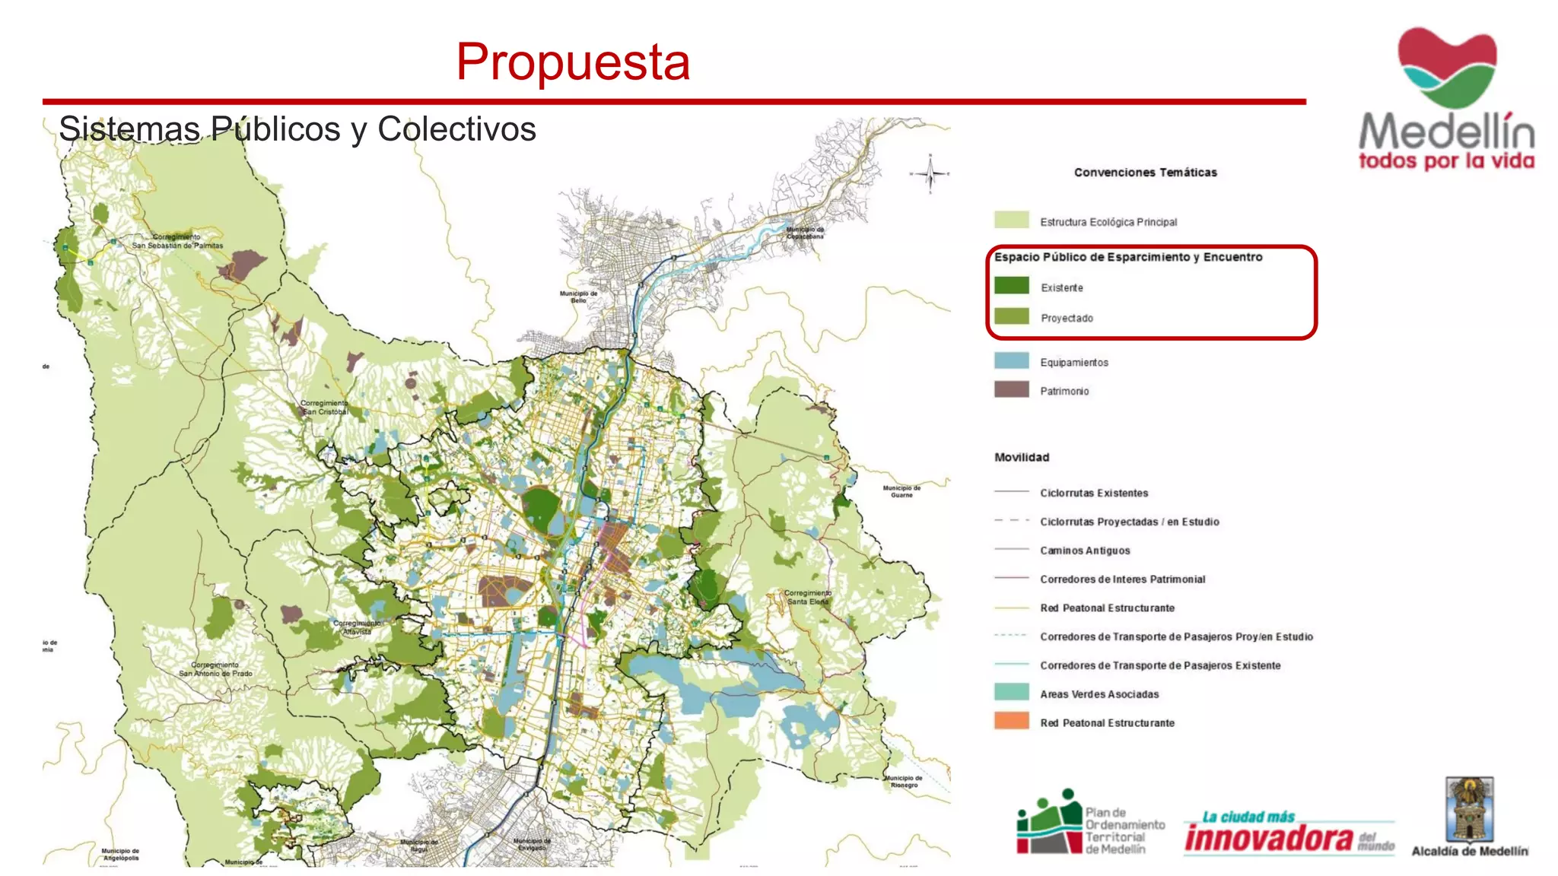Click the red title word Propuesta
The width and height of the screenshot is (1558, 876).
click(573, 62)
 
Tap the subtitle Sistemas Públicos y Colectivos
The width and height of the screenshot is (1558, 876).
click(297, 129)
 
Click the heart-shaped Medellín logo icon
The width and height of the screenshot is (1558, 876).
click(1447, 67)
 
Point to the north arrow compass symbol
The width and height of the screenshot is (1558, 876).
click(930, 174)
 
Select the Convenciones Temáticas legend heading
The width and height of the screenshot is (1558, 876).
click(1145, 173)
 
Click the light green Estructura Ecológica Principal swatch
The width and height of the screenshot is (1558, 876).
click(1011, 221)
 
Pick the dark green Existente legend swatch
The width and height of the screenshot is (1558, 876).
click(1011, 286)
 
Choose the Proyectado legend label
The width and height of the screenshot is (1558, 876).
click(1067, 319)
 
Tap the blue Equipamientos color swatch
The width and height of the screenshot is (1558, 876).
click(1011, 361)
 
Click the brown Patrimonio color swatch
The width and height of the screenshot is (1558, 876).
click(1011, 390)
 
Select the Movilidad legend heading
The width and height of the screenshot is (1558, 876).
click(1021, 457)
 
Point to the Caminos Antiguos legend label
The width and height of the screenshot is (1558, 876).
click(1085, 551)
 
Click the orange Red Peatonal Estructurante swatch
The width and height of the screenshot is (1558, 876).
click(1011, 721)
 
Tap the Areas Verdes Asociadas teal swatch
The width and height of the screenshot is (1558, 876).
click(1011, 692)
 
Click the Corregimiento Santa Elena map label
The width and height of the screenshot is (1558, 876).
click(807, 597)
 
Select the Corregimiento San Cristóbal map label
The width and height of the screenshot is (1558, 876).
click(325, 408)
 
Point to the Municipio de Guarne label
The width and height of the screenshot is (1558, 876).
click(901, 491)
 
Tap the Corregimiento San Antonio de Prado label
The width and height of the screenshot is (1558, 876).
click(215, 669)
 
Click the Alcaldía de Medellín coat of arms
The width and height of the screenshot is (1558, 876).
click(1469, 809)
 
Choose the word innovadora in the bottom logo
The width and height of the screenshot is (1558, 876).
click(1268, 839)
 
